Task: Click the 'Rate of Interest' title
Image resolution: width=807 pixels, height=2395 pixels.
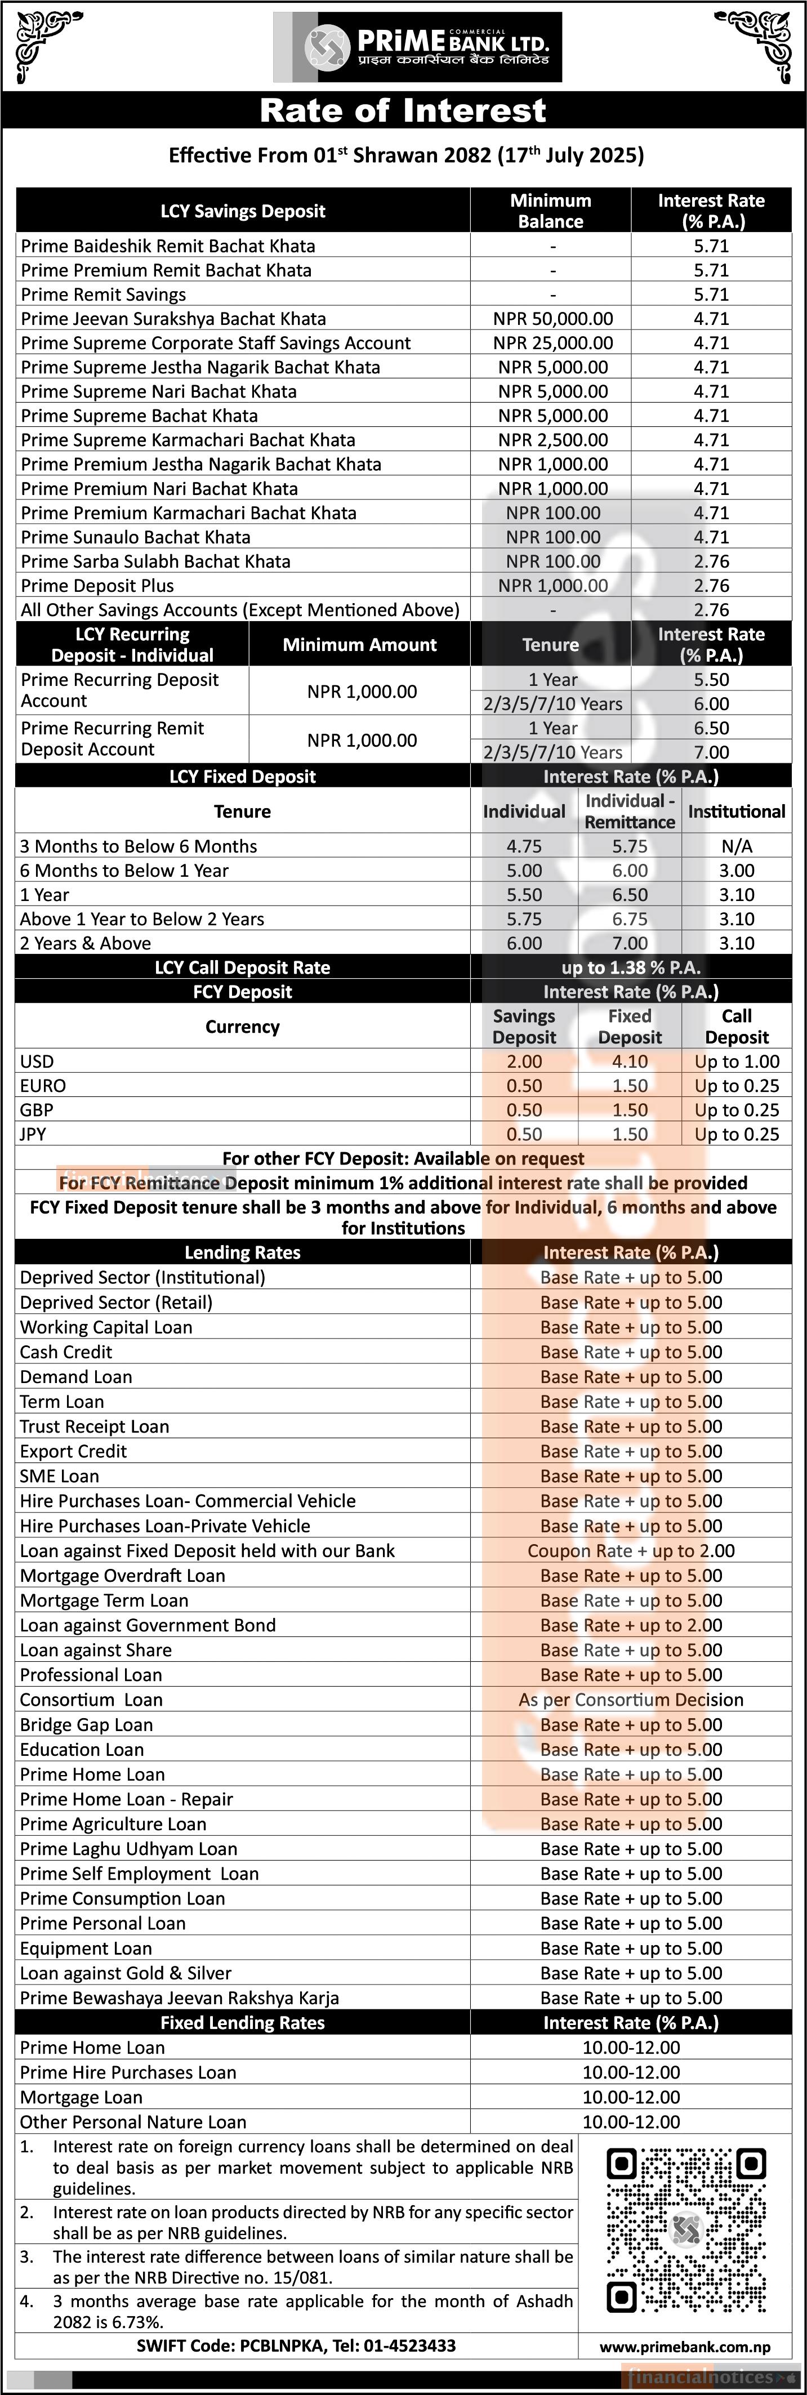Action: (x=403, y=110)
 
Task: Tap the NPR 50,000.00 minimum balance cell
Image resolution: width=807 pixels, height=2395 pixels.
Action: (x=552, y=319)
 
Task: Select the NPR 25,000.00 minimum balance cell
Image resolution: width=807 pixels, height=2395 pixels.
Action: (x=552, y=343)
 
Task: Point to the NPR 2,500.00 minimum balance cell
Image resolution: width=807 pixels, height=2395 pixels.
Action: (x=552, y=440)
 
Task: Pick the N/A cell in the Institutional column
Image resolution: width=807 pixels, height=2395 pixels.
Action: (x=737, y=846)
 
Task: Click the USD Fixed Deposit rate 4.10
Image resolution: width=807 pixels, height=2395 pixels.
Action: (x=630, y=1062)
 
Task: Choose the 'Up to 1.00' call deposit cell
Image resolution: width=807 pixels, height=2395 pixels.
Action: (x=737, y=1062)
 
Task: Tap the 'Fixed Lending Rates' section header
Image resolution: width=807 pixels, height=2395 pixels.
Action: (x=243, y=2022)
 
